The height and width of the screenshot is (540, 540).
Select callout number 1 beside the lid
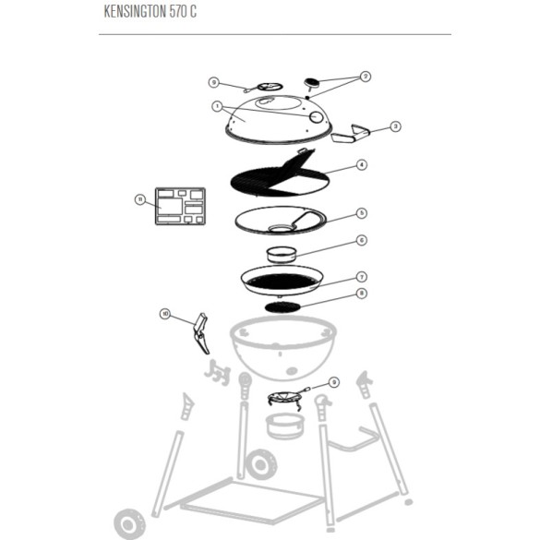pos(218,106)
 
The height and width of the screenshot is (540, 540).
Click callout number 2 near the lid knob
pos(365,77)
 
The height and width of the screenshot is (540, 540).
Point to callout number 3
pos(395,126)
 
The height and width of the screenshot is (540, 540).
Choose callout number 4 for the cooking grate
pos(363,166)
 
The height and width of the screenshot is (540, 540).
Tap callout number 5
pos(363,212)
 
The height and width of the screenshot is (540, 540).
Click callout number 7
pos(363,276)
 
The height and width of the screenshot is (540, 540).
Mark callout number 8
pos(363,294)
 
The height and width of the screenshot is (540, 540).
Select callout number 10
pos(165,314)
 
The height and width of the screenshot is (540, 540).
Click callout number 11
pos(139,198)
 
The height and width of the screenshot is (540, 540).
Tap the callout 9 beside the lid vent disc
pos(213,82)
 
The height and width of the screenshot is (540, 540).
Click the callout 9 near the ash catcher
pos(334,381)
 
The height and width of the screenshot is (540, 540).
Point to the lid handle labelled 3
pos(351,137)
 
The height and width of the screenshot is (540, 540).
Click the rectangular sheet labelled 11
pos(179,209)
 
